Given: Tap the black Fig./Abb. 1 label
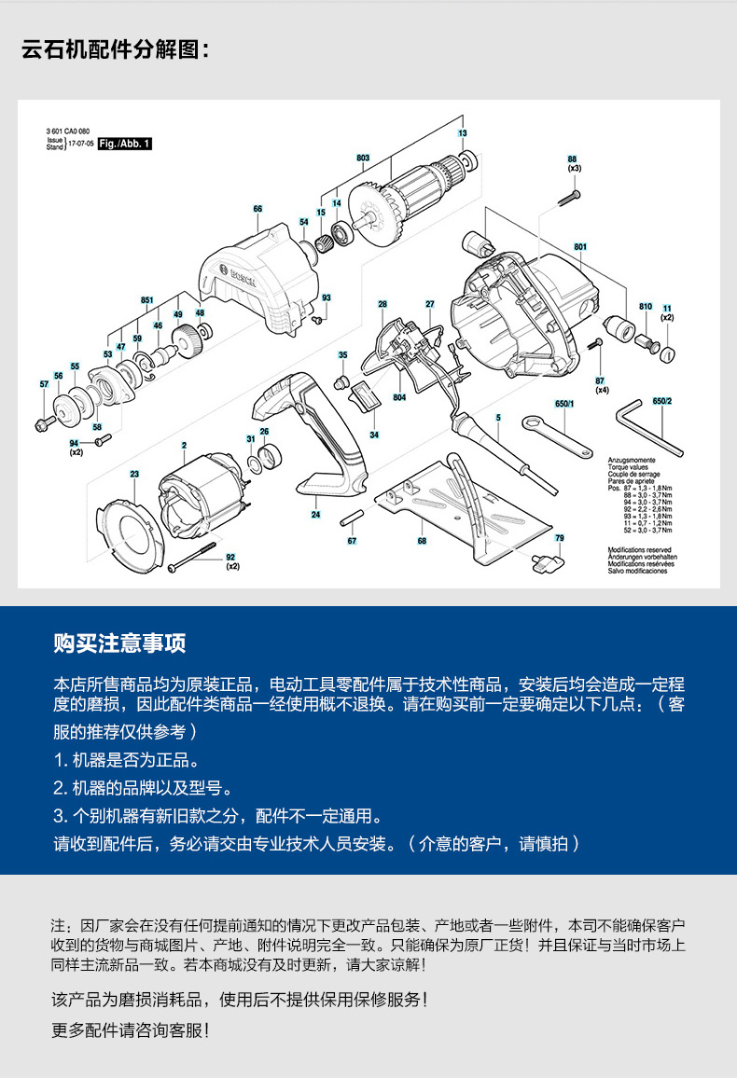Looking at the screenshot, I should pyautogui.click(x=124, y=144).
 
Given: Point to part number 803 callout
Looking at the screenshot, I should pyautogui.click(x=363, y=158).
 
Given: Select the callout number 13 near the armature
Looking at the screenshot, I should pyautogui.click(x=462, y=134).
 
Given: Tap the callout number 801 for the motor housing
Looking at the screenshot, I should pyautogui.click(x=581, y=246).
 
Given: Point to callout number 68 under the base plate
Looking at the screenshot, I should pyautogui.click(x=422, y=541).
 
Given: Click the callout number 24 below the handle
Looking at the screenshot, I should pyautogui.click(x=315, y=515).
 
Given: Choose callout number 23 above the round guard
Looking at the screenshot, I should pyautogui.click(x=134, y=475).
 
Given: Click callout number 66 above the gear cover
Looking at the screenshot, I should pyautogui.click(x=257, y=209).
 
